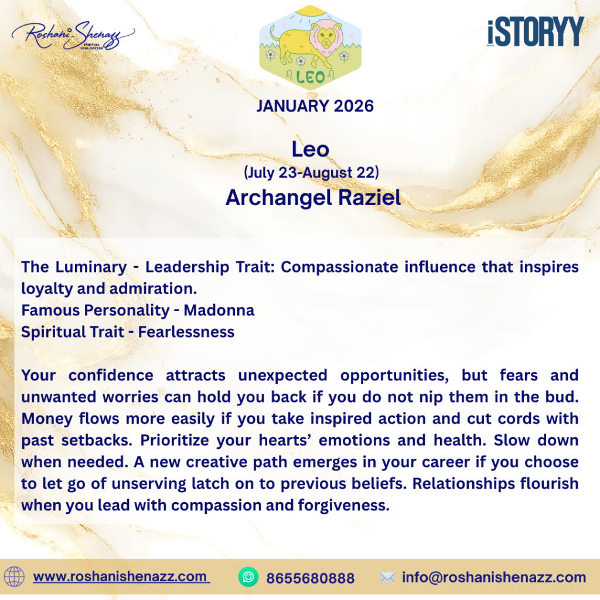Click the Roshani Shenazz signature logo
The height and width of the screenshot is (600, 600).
tap(73, 36)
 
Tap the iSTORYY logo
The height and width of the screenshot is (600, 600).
tap(536, 32)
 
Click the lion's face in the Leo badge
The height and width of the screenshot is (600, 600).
tap(325, 38)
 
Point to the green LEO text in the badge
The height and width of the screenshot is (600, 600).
tap(311, 77)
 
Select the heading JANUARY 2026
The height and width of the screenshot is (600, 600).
tap(315, 106)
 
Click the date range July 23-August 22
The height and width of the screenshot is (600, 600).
tap(312, 173)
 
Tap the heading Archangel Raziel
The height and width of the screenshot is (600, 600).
tap(313, 197)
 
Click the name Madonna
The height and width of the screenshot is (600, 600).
tap(219, 311)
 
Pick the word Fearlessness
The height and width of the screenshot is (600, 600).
tap(186, 332)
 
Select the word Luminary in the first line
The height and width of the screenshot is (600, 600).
tap(91, 267)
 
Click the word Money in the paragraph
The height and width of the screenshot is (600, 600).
tap(47, 419)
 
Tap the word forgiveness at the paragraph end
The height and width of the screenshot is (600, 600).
tap(343, 506)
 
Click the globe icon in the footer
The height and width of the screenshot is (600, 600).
tap(14, 577)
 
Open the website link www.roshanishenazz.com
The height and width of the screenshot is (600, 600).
tap(121, 577)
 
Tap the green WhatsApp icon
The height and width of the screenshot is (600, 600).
tap(248, 577)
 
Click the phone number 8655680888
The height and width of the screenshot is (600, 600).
tap(311, 578)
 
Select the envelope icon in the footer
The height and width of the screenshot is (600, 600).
tap(387, 577)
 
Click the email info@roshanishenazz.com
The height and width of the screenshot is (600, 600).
tap(493, 577)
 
